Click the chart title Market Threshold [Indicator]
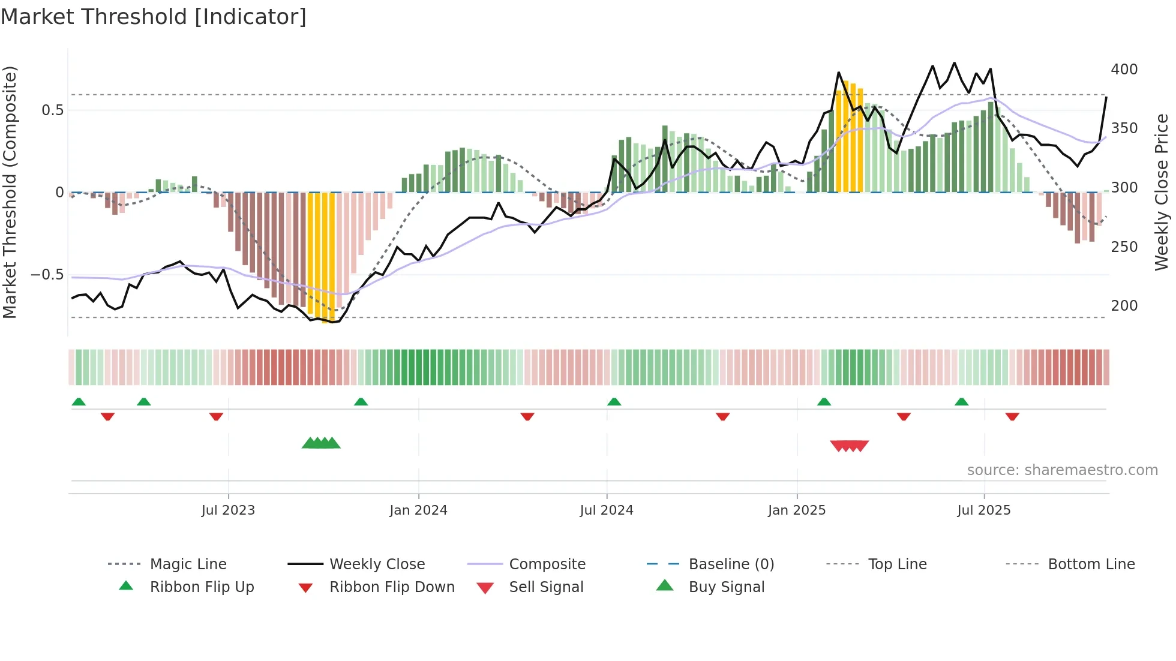tap(154, 17)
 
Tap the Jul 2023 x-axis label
tap(228, 510)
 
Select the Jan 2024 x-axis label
tap(418, 510)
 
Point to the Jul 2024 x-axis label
tap(606, 510)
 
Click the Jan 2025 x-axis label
tap(797, 510)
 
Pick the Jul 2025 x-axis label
tap(983, 510)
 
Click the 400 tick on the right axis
tap(1124, 70)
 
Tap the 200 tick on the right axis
tap(1124, 306)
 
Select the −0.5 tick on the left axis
tap(47, 275)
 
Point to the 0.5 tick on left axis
tap(52, 110)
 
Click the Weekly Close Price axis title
tap(1162, 192)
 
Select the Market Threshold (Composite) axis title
tap(10, 192)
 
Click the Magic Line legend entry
tap(188, 564)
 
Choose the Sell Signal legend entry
tap(546, 587)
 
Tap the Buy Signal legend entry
tap(726, 587)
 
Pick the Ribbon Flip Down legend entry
tap(392, 587)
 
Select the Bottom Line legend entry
tap(1091, 564)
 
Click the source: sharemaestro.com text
tap(1062, 470)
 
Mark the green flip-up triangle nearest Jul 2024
tap(614, 402)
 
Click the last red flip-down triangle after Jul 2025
tap(1012, 416)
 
